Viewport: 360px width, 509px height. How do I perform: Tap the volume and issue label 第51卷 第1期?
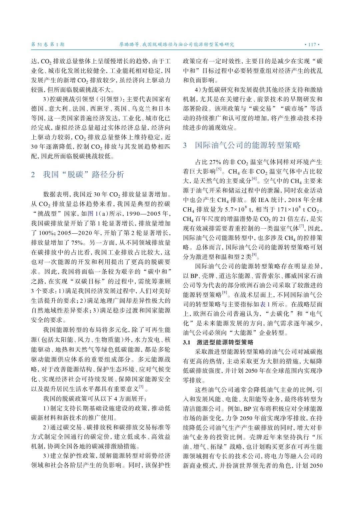click(x=48, y=44)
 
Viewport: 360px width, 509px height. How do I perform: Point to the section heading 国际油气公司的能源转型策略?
click(x=248, y=145)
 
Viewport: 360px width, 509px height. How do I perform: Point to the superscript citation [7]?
click(x=302, y=226)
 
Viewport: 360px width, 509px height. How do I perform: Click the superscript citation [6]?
click(x=254, y=179)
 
